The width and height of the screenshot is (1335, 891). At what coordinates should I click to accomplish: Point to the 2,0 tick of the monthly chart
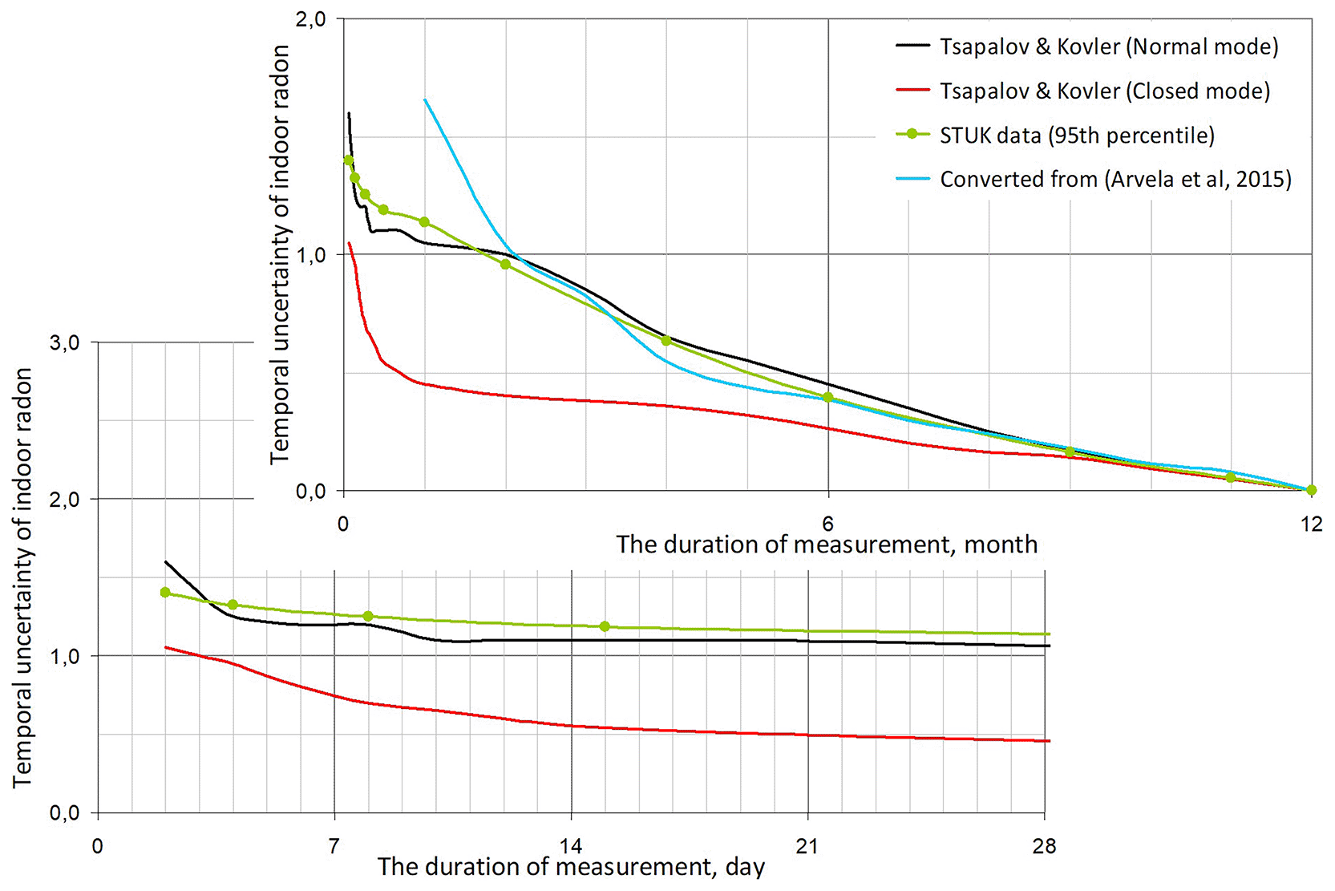[310, 19]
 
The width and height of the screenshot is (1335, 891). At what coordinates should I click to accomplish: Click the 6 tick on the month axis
[827, 524]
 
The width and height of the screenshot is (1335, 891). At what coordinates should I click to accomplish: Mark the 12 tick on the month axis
[1311, 524]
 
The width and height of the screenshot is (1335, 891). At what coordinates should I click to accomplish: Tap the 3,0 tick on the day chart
[64, 342]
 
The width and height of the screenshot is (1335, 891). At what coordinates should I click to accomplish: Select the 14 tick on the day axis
[571, 846]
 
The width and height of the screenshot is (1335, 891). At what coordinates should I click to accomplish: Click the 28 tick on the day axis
[1044, 846]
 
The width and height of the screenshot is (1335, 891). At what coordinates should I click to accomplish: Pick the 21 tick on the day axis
[807, 846]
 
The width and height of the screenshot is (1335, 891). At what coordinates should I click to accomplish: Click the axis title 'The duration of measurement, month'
[827, 545]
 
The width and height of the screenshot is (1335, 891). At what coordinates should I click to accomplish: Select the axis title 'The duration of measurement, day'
[571, 867]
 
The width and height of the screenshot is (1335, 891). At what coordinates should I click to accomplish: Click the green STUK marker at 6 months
[827, 398]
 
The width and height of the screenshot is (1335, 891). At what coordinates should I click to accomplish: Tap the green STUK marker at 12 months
[1311, 490]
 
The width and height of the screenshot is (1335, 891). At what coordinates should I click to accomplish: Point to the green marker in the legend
[912, 134]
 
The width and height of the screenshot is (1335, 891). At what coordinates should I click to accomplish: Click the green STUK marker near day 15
[605, 626]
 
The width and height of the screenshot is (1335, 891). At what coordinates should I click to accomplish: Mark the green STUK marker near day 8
[368, 616]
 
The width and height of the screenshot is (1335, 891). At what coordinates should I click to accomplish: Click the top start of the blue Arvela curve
[424, 99]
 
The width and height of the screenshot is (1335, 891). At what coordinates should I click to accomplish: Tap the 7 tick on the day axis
[334, 846]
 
